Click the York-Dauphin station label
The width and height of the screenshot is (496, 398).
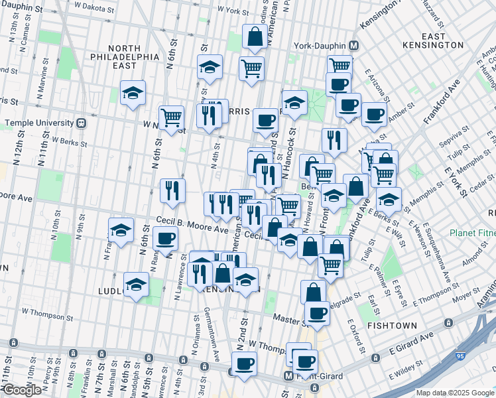[321, 46]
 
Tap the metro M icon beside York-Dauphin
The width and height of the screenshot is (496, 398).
[354, 46]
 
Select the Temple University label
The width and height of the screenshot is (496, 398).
[38, 123]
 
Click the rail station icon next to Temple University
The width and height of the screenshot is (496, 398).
[81, 123]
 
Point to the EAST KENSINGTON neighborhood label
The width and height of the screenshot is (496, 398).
[432, 40]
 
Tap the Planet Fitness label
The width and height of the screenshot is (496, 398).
[471, 233]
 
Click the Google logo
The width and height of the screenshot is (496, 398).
[21, 390]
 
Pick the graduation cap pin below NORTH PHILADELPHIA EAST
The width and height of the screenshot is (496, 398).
[132, 94]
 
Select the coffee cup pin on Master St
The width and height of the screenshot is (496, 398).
[317, 313]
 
